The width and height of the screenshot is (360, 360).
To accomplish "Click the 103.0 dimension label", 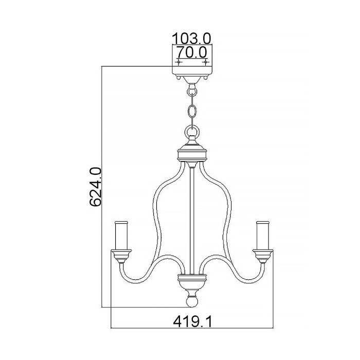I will click(x=192, y=39).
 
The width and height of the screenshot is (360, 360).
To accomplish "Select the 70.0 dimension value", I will click(x=192, y=52).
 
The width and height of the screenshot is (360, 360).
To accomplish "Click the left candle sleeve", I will click(x=121, y=236).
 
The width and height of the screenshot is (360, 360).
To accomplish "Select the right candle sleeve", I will click(x=263, y=236).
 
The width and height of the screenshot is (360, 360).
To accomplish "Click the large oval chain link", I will click(x=192, y=112).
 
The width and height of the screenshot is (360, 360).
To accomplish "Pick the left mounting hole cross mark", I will click(x=178, y=62).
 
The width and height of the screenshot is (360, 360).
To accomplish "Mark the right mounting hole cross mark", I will click(x=206, y=62).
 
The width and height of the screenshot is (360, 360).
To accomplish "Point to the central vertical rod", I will click(x=192, y=221).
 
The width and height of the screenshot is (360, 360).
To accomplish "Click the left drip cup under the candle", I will click(x=121, y=256).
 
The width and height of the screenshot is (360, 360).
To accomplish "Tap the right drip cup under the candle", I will click(x=263, y=256).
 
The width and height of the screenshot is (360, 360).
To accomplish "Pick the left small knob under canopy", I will click(x=177, y=79).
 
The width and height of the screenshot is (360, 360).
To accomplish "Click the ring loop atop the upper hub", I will click(x=192, y=133).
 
